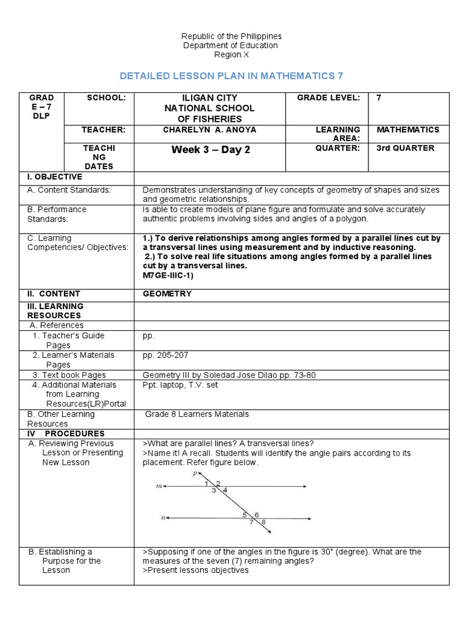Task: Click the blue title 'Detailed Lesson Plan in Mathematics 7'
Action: [231, 75]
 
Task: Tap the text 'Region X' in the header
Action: [231, 55]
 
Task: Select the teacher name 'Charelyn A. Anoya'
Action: [210, 130]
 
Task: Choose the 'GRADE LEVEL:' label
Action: [329, 98]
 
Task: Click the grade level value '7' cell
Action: [379, 98]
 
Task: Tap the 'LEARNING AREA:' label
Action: [338, 134]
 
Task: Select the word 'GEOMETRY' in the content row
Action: [167, 294]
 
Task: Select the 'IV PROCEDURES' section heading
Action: [65, 433]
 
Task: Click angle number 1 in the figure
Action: [206, 483]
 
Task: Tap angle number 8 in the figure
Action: [263, 522]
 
